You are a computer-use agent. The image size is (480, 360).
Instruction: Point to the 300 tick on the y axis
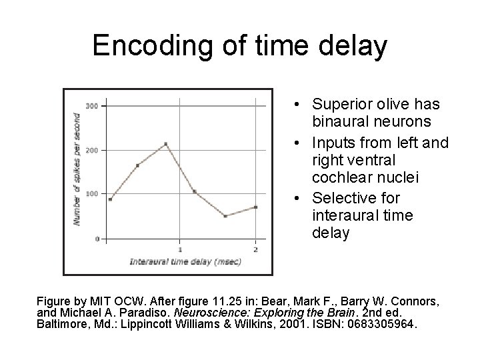tap(92, 105)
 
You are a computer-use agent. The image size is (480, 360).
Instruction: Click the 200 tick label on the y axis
tap(92, 150)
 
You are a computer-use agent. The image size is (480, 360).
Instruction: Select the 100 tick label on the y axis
tap(92, 193)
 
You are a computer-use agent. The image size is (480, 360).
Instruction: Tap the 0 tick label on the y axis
tap(97, 238)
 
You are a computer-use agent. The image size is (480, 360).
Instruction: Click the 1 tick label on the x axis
tap(180, 249)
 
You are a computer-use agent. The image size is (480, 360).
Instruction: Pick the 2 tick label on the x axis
tap(255, 249)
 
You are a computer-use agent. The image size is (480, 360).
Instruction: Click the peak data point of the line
tap(165, 143)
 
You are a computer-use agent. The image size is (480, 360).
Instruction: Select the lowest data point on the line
tap(225, 216)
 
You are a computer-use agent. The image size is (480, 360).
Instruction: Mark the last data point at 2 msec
tap(255, 207)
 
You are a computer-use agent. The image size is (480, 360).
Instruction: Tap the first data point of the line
tap(110, 199)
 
